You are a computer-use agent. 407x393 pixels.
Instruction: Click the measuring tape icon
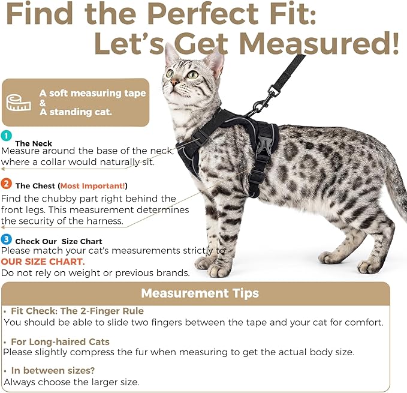pyautogui.click(x=19, y=102)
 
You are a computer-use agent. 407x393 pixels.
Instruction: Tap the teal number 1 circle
pyautogui.click(x=6, y=136)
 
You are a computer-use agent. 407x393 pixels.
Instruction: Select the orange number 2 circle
pyautogui.click(x=6, y=184)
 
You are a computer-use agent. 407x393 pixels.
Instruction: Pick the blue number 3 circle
pyautogui.click(x=6, y=240)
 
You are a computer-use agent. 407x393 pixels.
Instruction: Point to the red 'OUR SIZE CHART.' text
pyautogui.click(x=43, y=262)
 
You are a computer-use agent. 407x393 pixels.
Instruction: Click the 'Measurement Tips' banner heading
pyautogui.click(x=200, y=293)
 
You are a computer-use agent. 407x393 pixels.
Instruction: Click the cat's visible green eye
pyautogui.click(x=192, y=75)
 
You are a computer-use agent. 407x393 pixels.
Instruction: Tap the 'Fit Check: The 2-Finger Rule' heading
pyautogui.click(x=77, y=311)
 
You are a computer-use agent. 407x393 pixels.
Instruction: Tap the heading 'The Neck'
pyautogui.click(x=34, y=143)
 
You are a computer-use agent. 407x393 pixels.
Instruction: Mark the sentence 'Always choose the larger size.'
pyautogui.click(x=73, y=382)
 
